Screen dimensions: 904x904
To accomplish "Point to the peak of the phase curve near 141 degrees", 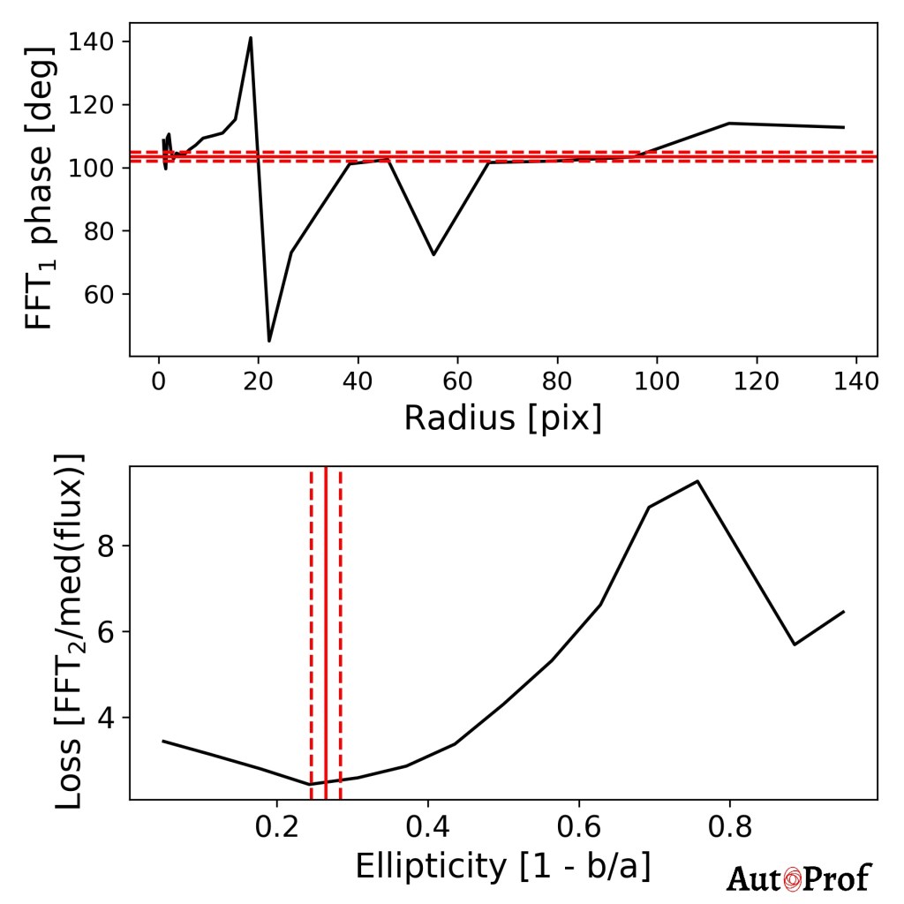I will (251, 38).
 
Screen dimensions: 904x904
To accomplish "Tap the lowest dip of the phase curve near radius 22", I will (269, 341).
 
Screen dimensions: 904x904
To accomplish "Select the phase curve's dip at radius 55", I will (433, 254).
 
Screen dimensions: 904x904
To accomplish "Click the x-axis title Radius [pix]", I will (502, 418).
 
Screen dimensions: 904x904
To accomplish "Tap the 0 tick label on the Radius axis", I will (159, 382).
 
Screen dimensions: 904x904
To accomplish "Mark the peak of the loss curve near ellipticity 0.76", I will (697, 481).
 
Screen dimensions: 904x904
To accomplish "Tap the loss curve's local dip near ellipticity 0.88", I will (795, 644).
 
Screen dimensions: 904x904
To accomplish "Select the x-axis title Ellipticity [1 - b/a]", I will (502, 867).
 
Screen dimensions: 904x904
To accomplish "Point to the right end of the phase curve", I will (844, 127).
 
